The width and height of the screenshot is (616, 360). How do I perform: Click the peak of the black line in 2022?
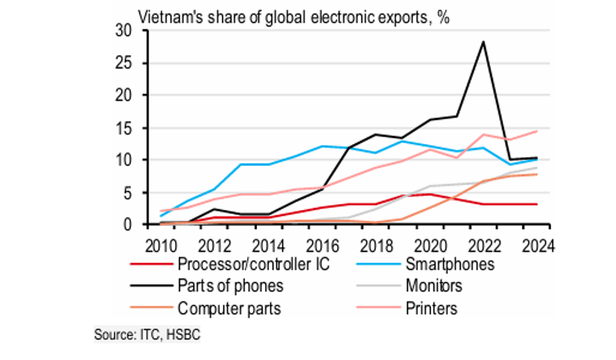pos(483,42)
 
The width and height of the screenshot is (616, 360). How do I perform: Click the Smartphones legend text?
pos(449,265)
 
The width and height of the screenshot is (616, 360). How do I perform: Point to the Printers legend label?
pos(429,309)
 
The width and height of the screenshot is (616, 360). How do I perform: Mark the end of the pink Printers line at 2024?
pos(538,131)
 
